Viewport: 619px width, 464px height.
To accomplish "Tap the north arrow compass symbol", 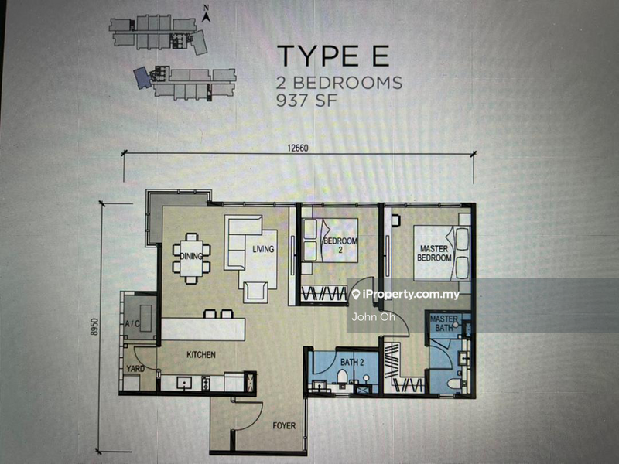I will tap(207, 12).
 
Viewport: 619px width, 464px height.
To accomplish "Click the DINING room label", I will tap(191, 256).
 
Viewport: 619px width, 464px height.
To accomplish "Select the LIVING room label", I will tap(264, 249).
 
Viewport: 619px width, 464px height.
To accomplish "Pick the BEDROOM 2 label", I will tap(340, 246).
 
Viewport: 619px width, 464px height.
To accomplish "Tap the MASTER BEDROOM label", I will tap(435, 253).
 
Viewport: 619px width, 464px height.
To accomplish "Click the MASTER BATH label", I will tap(444, 323).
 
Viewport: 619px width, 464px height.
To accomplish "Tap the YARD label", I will tap(135, 369).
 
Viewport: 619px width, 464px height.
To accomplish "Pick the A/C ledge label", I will tap(131, 325).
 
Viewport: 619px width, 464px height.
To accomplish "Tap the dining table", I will tap(191, 255).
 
